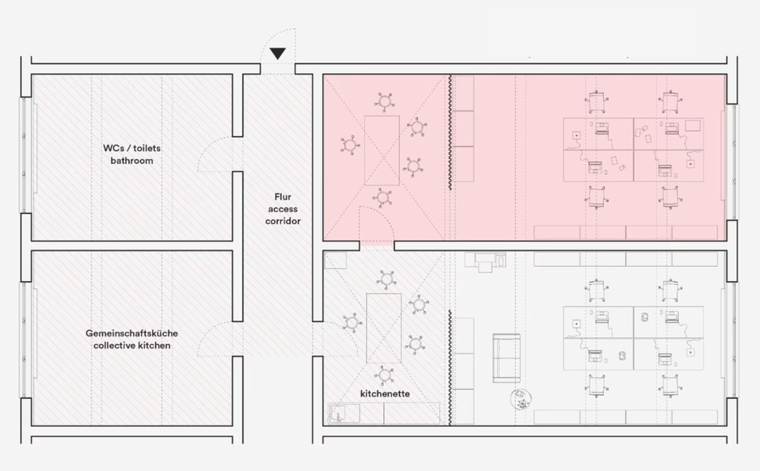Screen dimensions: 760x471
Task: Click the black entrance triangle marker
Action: click(x=278, y=53)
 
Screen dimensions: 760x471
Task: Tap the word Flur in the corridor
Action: click(x=283, y=196)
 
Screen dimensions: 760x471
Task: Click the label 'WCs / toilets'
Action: click(x=132, y=148)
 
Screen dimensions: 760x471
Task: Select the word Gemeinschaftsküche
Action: click(x=131, y=333)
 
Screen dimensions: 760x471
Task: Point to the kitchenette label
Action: click(x=385, y=393)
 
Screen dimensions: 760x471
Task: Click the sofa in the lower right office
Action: click(x=507, y=357)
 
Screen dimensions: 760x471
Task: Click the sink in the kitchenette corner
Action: click(x=344, y=412)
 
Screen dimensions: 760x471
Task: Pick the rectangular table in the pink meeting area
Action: click(x=382, y=150)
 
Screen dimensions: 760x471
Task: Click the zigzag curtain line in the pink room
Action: click(x=450, y=131)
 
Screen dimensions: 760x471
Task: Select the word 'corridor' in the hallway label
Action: click(x=283, y=221)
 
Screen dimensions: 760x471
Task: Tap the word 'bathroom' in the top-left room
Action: click(x=132, y=161)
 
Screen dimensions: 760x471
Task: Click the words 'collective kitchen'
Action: click(x=131, y=346)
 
